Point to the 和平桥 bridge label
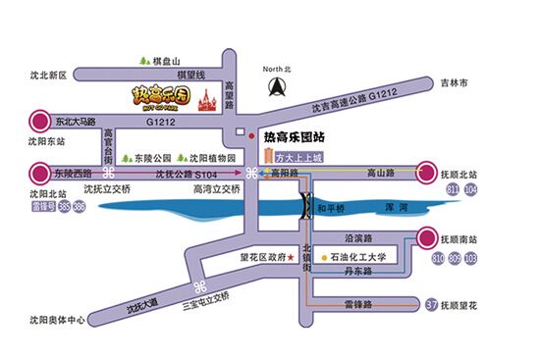[335, 209]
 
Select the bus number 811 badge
[455, 187]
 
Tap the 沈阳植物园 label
[209, 157]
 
